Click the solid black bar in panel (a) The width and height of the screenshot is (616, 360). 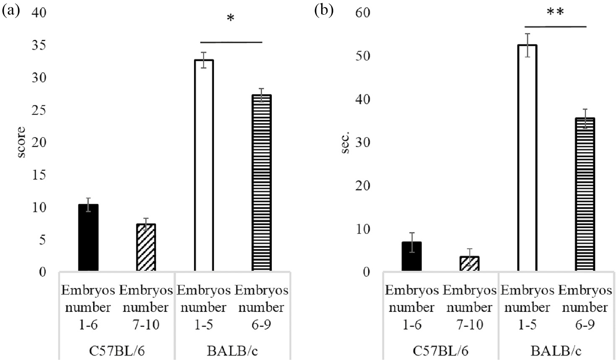coord(88,237)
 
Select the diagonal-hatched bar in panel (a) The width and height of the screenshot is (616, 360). coord(146,248)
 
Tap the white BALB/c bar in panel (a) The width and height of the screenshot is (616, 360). coord(204,165)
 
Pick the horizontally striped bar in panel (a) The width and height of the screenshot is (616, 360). coord(261,183)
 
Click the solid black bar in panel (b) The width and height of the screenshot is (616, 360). coord(411,256)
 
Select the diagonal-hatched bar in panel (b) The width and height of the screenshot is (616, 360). coord(469,264)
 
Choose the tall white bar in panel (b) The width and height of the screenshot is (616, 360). coord(527,158)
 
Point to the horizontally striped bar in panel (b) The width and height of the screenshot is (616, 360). coord(585,195)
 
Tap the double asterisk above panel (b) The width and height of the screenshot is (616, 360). coord(555,12)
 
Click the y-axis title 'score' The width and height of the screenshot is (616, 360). coord(21,142)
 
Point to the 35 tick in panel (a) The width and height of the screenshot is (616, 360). coord(39,45)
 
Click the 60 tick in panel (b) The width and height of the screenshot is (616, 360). coord(363,13)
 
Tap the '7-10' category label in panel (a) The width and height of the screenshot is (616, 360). coord(146,324)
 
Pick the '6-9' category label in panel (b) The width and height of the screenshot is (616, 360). coord(585,324)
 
